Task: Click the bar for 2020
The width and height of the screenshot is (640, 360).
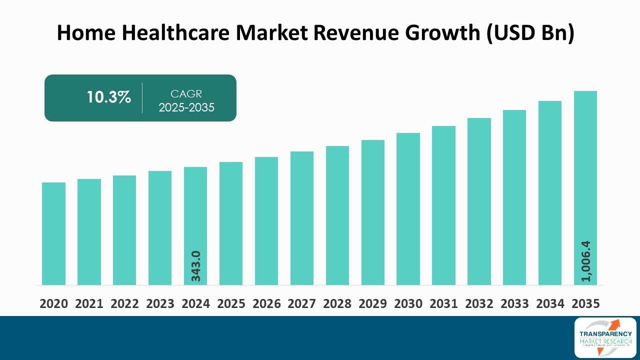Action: click(x=53, y=233)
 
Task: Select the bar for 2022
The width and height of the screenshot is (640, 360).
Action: click(x=124, y=230)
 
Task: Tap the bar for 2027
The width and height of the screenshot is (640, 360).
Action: click(x=302, y=218)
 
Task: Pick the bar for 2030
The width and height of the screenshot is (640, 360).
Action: click(x=408, y=209)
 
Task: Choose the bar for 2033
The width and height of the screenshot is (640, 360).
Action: click(x=514, y=197)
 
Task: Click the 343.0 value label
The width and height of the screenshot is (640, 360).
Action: click(x=195, y=265)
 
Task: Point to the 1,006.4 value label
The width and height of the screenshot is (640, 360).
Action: click(x=585, y=261)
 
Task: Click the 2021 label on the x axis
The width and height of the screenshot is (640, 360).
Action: click(x=89, y=303)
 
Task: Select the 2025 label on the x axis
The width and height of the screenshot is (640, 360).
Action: click(x=231, y=303)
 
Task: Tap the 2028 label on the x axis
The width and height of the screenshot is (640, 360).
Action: click(x=337, y=303)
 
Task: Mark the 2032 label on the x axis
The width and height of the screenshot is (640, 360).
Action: click(x=479, y=303)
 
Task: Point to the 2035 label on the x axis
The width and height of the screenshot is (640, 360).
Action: click(x=585, y=303)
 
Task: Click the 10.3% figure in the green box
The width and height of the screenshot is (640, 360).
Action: click(x=108, y=97)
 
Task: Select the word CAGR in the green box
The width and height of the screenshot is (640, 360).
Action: click(x=186, y=93)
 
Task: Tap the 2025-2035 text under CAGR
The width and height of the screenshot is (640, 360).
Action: click(x=186, y=107)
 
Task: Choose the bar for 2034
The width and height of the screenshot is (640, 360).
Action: click(x=550, y=193)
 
